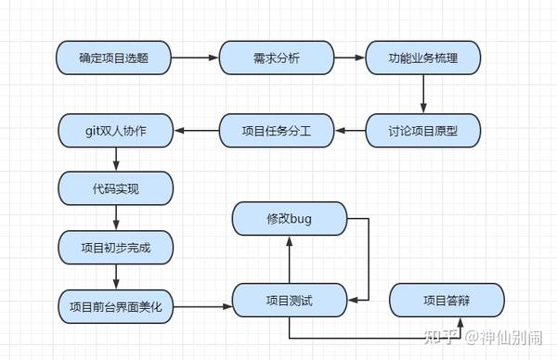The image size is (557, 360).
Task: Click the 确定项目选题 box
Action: point(115,58)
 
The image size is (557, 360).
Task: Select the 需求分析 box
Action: point(277,58)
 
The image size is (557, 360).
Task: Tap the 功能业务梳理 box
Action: point(423,58)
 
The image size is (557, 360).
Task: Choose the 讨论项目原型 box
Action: point(423,131)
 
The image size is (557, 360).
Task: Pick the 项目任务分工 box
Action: point(277,131)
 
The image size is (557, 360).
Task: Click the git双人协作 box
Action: point(115,131)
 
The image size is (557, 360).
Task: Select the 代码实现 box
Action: point(115,188)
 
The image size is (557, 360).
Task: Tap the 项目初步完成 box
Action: point(115,248)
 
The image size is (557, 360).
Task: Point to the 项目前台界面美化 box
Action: point(115,305)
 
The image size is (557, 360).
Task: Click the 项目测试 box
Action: point(289,301)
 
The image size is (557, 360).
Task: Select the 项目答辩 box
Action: point(447,301)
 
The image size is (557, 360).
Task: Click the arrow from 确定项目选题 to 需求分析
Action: point(196,58)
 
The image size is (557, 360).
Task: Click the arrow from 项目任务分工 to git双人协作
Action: point(196,131)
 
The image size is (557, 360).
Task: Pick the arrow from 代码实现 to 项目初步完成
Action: point(115,218)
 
